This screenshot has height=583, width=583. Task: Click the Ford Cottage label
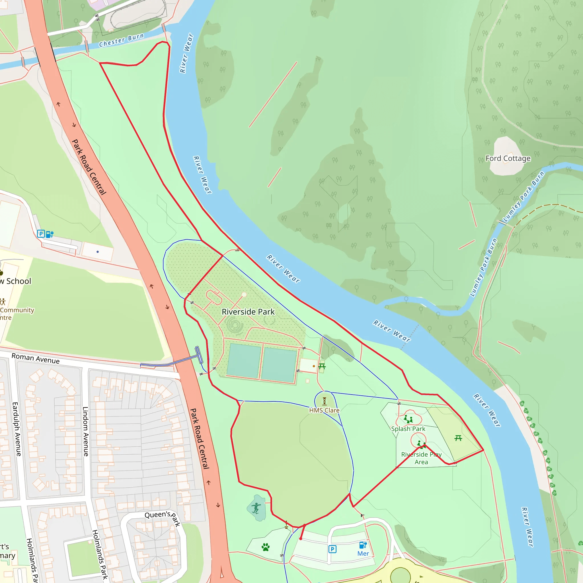click(508, 159)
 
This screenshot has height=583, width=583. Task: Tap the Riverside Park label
click(248, 312)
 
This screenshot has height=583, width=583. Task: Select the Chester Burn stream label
click(121, 40)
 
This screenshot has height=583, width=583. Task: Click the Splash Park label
click(408, 429)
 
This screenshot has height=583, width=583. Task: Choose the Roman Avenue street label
click(35, 358)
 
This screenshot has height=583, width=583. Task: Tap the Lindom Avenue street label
click(86, 431)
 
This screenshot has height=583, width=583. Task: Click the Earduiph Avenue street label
click(17, 429)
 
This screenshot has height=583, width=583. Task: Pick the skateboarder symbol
click(256, 508)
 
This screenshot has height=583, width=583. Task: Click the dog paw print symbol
click(266, 547)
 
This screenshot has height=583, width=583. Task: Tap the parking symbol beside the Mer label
click(332, 549)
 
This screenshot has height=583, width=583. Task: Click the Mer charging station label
click(363, 553)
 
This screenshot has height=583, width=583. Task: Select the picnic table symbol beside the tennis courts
click(322, 366)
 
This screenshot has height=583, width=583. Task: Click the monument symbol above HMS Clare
click(325, 401)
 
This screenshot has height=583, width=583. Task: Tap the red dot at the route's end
click(301, 539)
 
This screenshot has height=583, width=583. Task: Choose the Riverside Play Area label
click(421, 458)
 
